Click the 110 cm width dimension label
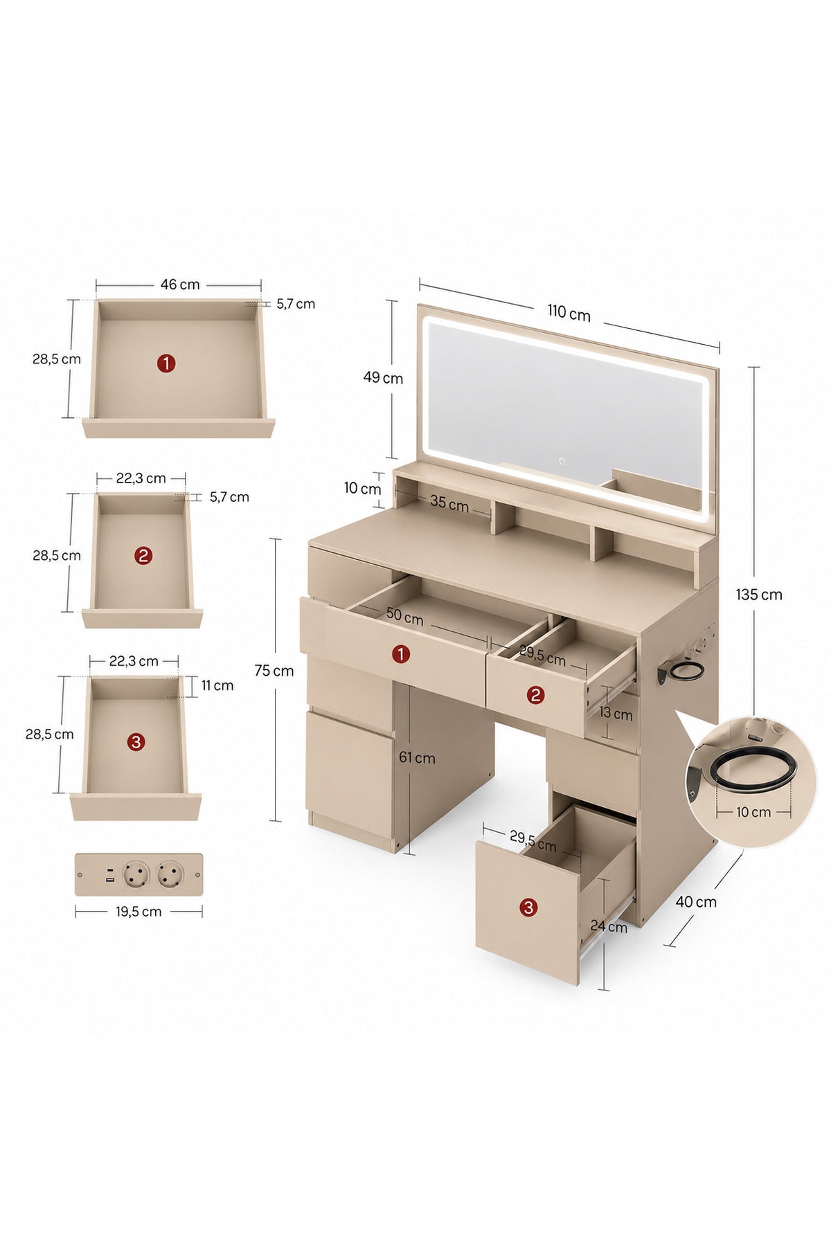(x=569, y=314)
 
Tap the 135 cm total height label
(x=759, y=595)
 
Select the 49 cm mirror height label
(x=383, y=378)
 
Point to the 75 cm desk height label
(x=274, y=671)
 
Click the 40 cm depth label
(x=696, y=902)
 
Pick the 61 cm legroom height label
(x=417, y=758)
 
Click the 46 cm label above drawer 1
(x=180, y=285)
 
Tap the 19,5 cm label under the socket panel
(x=138, y=912)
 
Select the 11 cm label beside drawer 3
(x=217, y=685)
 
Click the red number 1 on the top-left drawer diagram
(x=166, y=363)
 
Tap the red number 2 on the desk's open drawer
(x=535, y=694)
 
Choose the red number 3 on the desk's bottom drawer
(x=528, y=907)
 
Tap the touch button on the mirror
(x=562, y=460)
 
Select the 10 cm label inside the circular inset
(x=753, y=812)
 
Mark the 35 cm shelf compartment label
(x=449, y=503)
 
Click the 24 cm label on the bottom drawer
(x=609, y=926)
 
